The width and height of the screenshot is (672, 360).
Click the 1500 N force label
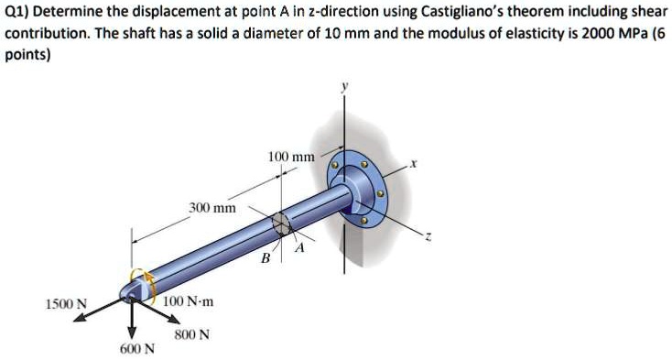coord(69,304)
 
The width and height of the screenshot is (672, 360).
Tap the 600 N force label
coord(137,349)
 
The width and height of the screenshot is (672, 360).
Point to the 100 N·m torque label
coord(188,301)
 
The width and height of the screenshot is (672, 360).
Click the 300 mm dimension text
coord(212,208)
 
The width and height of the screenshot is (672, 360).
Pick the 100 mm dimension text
coord(292,158)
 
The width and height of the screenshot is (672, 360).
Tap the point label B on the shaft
coord(266,258)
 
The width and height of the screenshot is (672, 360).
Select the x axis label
coord(413,164)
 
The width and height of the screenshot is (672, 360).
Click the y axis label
coord(344,88)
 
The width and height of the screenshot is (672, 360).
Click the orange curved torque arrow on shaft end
coord(140,279)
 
